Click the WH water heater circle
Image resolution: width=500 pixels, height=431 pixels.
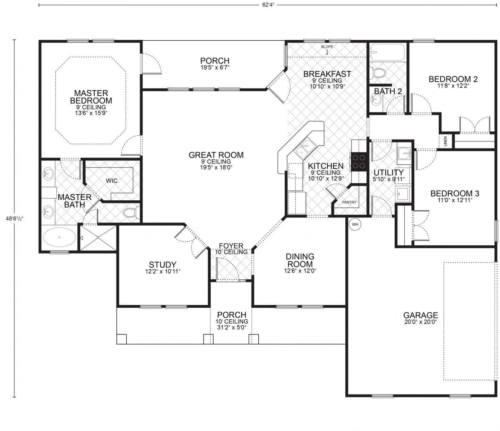click(355, 224)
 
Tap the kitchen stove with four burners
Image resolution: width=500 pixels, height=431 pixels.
click(359, 161)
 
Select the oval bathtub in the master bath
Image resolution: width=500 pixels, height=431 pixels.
click(59, 237)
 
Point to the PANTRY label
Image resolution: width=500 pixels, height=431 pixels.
click(349, 202)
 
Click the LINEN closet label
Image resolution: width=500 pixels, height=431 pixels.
click(445, 141)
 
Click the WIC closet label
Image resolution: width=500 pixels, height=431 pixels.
click(111, 181)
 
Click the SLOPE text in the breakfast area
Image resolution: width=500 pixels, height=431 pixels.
click(327, 47)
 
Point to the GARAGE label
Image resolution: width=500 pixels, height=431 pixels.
click(420, 315)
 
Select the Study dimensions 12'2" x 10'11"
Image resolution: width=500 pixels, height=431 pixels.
click(162, 271)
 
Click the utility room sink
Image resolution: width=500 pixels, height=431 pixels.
click(404, 154)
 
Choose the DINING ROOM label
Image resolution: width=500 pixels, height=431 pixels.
click(300, 260)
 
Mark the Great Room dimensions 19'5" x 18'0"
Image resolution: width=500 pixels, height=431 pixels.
click(216, 167)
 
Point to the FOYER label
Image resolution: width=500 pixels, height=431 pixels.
click(231, 246)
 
